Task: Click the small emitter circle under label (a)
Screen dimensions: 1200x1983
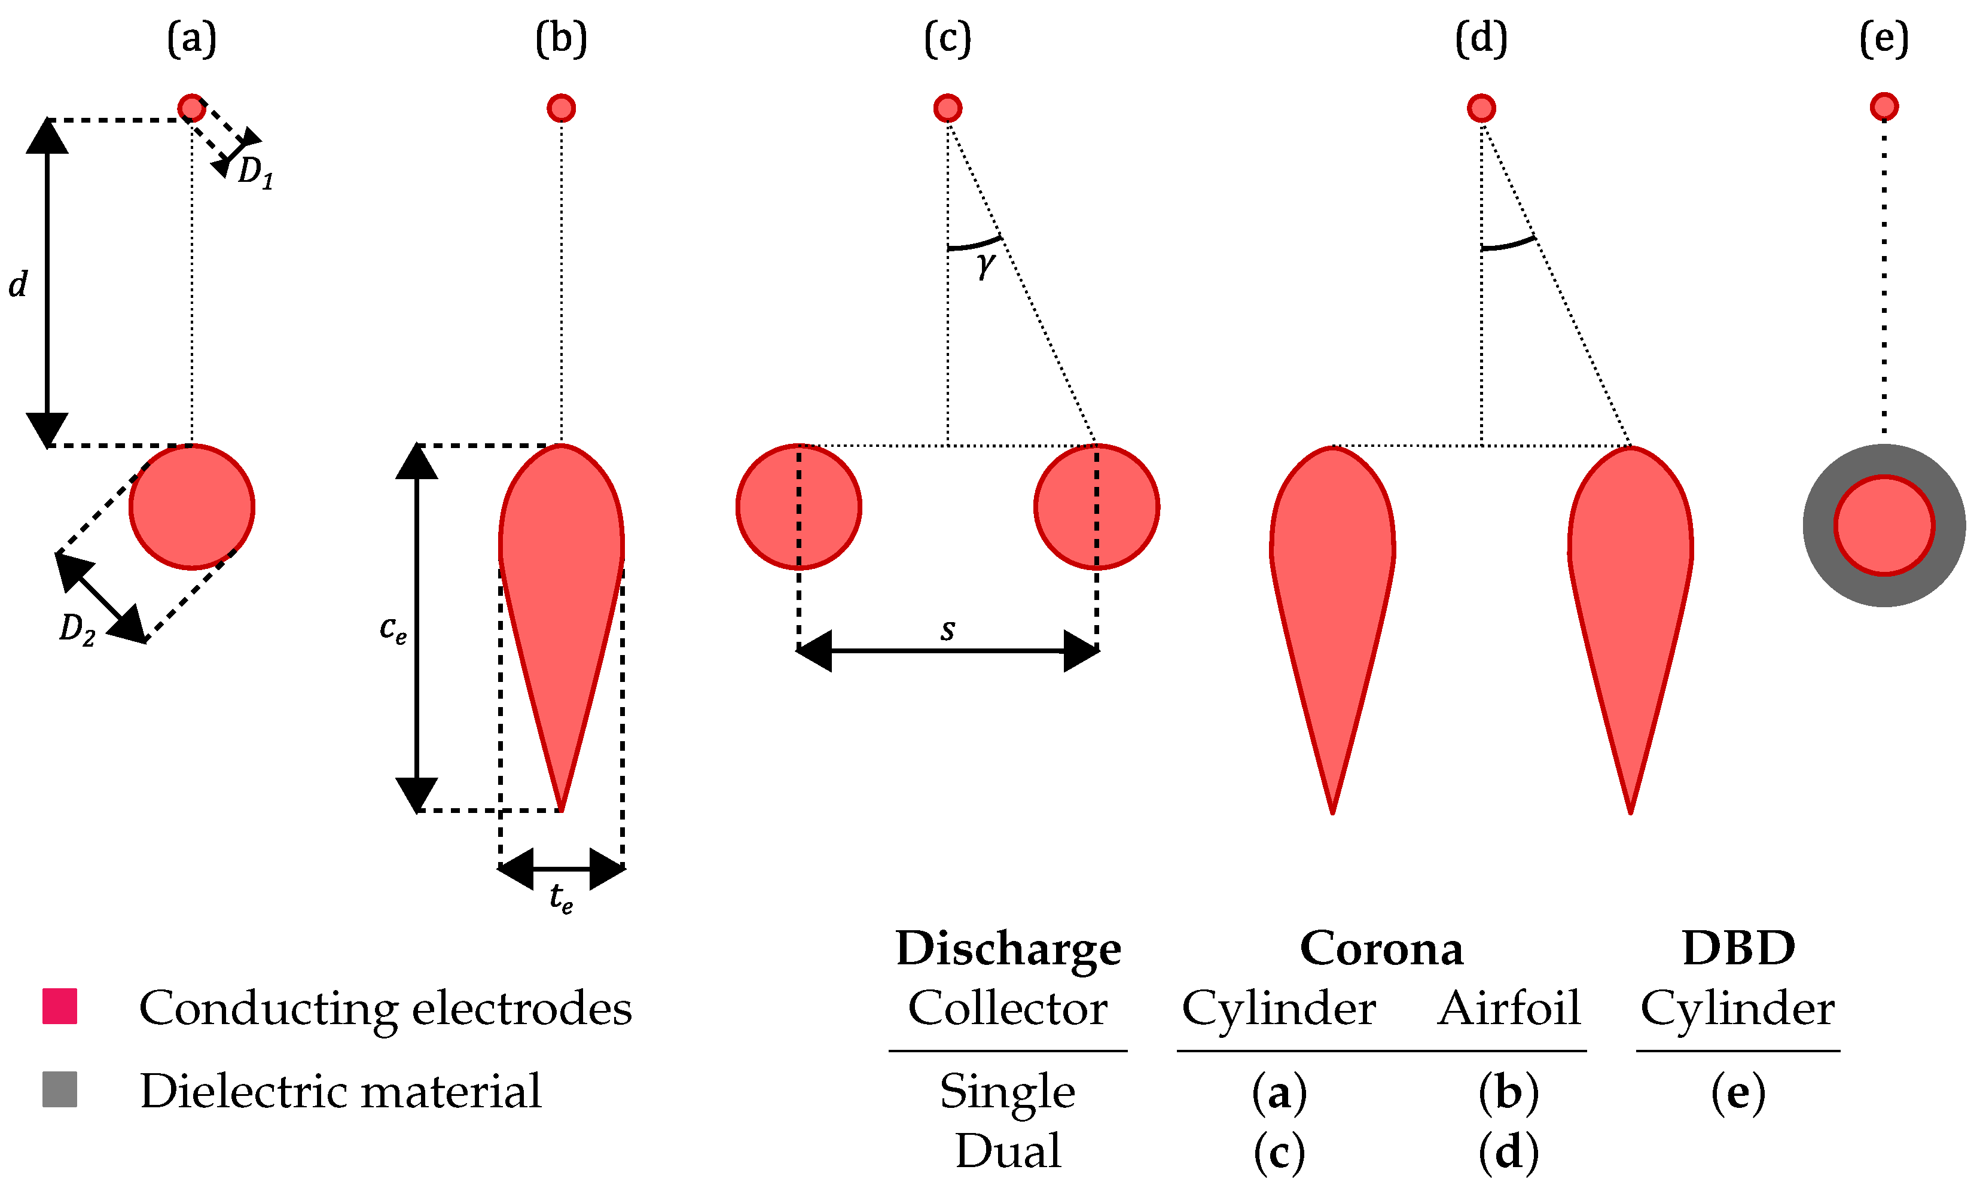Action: [191, 107]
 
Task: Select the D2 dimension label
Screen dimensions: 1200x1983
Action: [77, 629]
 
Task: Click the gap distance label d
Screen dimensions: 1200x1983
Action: [18, 285]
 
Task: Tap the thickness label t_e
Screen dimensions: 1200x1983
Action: [561, 897]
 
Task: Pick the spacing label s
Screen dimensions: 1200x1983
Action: [948, 630]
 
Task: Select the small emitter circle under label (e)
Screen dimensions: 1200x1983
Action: [1884, 106]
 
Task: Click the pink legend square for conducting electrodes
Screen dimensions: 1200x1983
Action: [60, 1006]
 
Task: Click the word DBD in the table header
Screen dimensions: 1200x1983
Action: [1738, 948]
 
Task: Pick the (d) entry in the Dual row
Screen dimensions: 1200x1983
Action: [1509, 1152]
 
